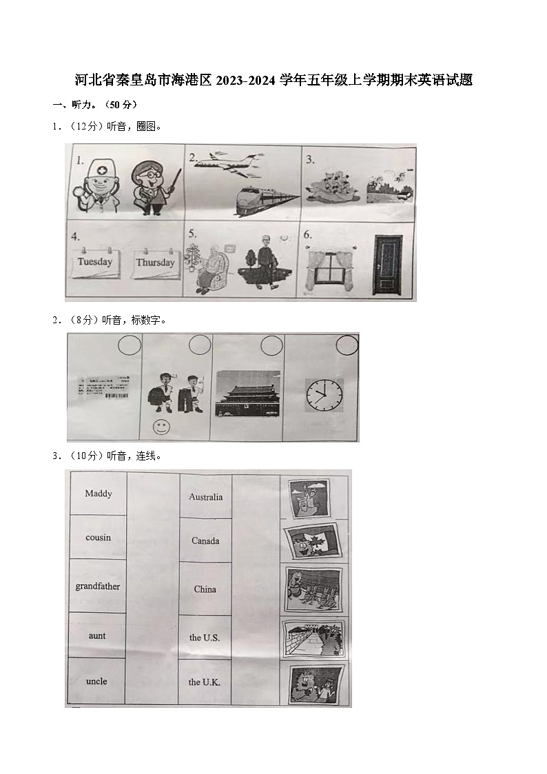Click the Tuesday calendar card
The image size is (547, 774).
(95, 263)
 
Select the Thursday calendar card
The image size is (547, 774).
(155, 263)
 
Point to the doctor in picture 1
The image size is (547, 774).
(94, 185)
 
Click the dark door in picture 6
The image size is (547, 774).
(387, 264)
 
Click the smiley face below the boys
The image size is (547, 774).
(161, 427)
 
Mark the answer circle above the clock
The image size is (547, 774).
(347, 345)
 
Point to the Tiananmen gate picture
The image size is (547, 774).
(248, 393)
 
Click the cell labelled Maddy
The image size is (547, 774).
(98, 493)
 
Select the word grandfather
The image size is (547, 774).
(97, 587)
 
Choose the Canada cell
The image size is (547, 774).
(205, 540)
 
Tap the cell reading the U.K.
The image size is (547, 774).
(205, 682)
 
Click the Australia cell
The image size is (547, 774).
(205, 496)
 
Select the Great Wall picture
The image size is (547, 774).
(313, 638)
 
